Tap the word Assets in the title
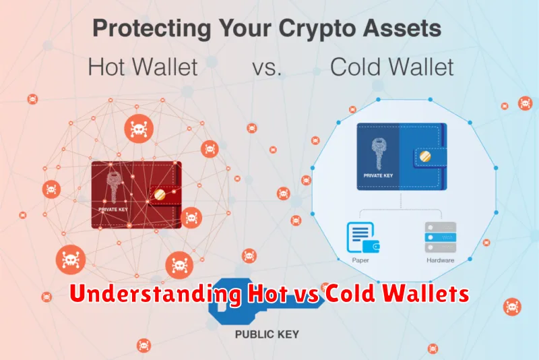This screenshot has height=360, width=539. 402,28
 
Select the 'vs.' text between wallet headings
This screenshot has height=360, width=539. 267,67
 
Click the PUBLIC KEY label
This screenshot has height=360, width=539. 267,334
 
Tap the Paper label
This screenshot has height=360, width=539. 360,260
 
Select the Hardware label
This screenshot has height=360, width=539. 441,260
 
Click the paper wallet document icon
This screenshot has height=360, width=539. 363,237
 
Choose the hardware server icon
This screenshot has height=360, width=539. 441,237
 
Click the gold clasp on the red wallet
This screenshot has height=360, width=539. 160,195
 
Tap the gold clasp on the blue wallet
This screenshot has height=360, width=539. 425,157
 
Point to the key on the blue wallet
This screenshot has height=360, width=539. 379,154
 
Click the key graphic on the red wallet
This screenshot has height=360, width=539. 114,187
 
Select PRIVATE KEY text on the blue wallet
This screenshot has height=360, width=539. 378,175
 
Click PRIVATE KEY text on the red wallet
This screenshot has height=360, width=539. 113,209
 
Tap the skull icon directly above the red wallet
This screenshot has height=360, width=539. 139,129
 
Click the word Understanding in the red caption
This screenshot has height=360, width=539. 156,294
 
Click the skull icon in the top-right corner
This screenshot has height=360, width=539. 526,103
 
